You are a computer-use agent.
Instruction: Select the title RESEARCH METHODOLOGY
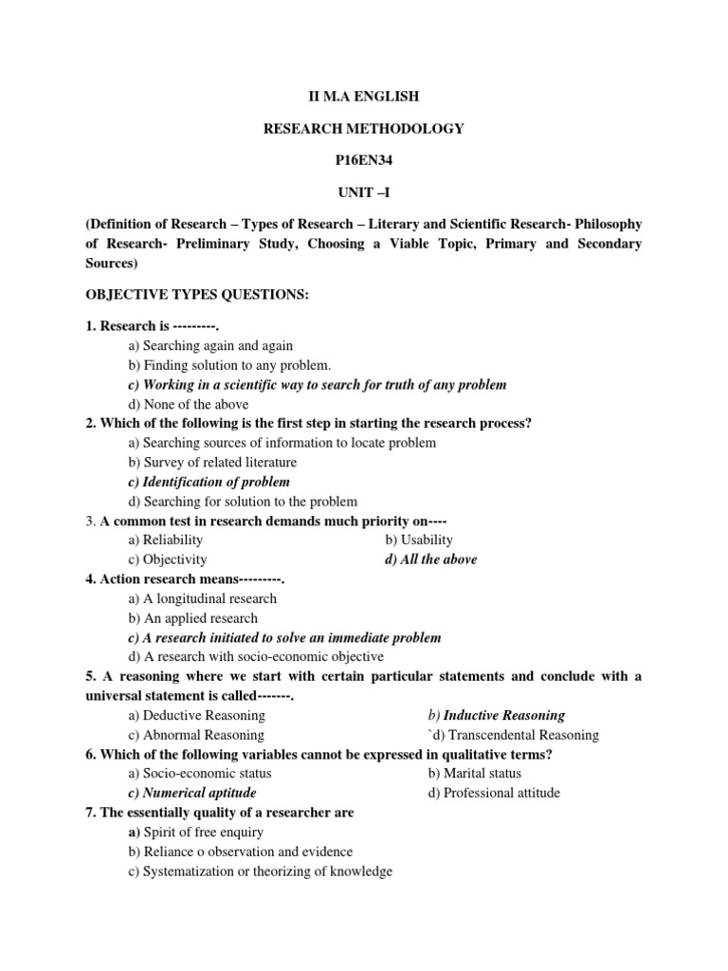coord(363,128)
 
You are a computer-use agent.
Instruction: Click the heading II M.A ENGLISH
coord(363,97)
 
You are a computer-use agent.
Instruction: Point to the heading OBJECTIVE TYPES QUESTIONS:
coord(197,295)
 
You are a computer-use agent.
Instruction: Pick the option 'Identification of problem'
coord(209,482)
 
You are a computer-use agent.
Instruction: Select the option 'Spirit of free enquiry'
coord(203,832)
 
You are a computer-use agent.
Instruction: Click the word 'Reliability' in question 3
coord(173,540)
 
